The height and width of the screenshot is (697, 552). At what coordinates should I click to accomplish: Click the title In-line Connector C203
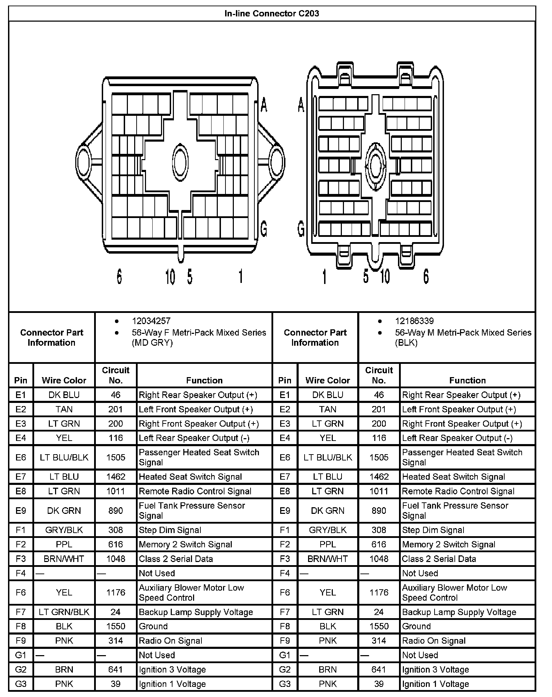pos(272,14)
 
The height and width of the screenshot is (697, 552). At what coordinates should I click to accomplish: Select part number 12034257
pos(151,321)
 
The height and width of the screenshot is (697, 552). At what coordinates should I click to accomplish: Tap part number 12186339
pos(414,321)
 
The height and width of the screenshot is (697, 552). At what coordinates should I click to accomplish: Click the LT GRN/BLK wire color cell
pos(64,612)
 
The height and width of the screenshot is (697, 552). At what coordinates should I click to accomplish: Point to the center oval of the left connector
pos(181,161)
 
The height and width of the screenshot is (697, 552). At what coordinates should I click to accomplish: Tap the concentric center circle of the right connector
pos(376,166)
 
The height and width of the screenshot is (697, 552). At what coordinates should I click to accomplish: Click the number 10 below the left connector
pos(170,277)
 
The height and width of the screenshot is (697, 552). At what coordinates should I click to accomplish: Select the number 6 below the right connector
pos(426,276)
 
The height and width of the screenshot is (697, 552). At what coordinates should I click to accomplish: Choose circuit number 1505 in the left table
pos(116,457)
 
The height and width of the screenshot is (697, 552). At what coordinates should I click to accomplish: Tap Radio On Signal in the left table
pos(170,641)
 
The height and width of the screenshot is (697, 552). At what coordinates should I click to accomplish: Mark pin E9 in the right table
pos(285,511)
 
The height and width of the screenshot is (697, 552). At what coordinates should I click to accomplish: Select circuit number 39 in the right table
pos(379,684)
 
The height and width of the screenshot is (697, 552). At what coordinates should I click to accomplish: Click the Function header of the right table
pos(467,380)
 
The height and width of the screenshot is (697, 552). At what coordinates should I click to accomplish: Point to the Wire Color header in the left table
pos(64,380)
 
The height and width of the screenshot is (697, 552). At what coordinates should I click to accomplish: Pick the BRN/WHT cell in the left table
pos(64,559)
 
